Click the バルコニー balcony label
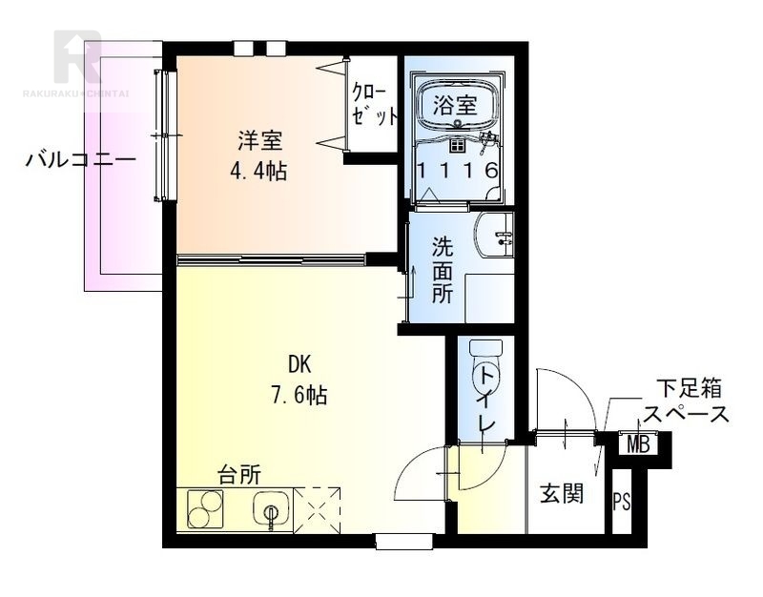pos(81,159)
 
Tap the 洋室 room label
pos(259,143)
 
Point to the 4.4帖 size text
pos(259,172)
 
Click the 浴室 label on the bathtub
pos(455,103)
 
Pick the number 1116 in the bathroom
pos(457,172)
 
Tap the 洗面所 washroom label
pos(443,270)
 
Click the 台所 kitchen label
pos(238,474)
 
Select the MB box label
pos(637,444)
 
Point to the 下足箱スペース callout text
pos(686,401)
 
